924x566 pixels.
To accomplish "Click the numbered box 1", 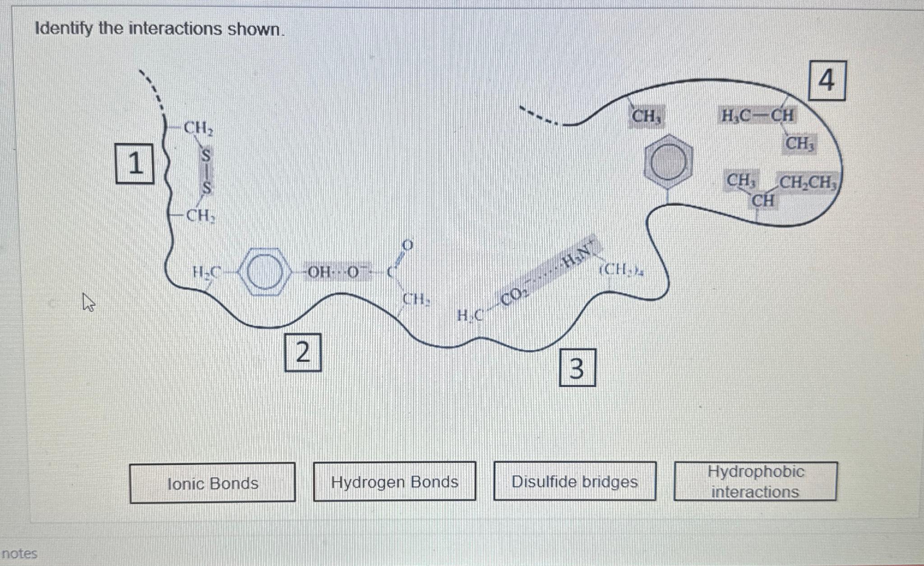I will (x=134, y=163).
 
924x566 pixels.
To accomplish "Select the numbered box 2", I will (x=303, y=352).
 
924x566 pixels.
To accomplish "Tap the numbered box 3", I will (x=577, y=368).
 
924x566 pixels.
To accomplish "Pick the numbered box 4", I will (x=827, y=81).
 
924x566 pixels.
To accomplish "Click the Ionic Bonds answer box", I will (x=213, y=483).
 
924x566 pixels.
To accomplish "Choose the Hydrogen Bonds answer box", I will (x=394, y=482).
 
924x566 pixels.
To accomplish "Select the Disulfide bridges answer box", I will (x=574, y=482).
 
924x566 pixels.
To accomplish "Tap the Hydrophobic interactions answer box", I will (x=755, y=482).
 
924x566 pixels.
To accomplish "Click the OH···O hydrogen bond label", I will (x=336, y=272).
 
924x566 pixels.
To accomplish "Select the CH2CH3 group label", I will (x=808, y=183).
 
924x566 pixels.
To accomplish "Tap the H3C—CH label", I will (x=757, y=116).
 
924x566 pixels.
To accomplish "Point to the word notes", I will (x=19, y=553).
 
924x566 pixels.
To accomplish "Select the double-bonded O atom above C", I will (x=407, y=245).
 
